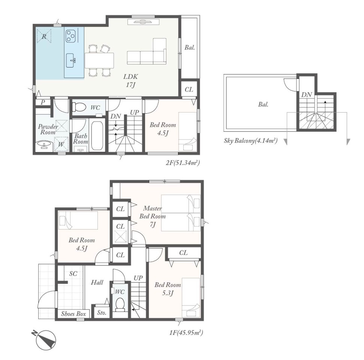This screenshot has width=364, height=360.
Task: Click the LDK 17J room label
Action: tap(131, 81)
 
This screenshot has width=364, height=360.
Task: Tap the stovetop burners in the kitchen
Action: tap(71, 36)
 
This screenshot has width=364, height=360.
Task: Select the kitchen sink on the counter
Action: tap(70, 60)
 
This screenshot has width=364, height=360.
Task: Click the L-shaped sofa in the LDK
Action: tap(147, 51)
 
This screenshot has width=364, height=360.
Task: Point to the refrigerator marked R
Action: tap(44, 36)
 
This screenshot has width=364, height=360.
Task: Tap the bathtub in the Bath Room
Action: tap(97, 136)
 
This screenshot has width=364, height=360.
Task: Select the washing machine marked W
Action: tap(61, 144)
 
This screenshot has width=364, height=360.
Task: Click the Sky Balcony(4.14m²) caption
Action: tap(251, 141)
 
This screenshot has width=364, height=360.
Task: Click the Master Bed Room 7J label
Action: tap(153, 216)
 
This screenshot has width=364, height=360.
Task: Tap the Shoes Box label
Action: tap(73, 314)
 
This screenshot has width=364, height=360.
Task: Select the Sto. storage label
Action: tap(102, 313)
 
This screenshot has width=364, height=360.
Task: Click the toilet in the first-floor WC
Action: tap(120, 304)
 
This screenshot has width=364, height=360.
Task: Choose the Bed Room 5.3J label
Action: tap(168, 289)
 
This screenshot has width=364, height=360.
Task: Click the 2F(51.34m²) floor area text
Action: tap(183, 163)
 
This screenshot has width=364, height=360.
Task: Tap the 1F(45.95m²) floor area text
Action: tap(186, 333)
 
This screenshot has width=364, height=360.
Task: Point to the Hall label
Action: tap(97, 282)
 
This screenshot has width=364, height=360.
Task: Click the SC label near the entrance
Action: tap(73, 274)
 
